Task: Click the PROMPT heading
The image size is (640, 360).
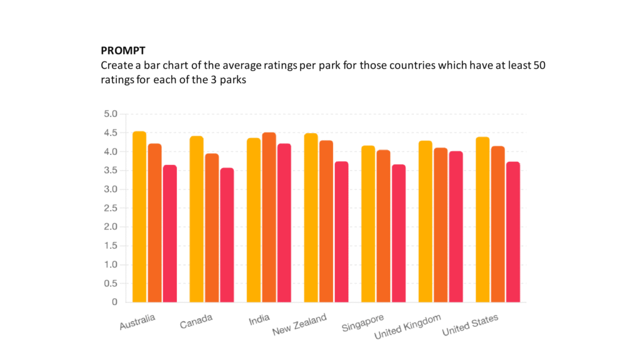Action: pyautogui.click(x=123, y=51)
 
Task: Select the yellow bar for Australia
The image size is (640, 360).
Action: pyautogui.click(x=139, y=217)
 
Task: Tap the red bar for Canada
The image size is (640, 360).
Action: pyautogui.click(x=227, y=235)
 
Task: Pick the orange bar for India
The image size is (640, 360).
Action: pyautogui.click(x=269, y=217)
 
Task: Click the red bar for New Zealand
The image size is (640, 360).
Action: pyautogui.click(x=342, y=232)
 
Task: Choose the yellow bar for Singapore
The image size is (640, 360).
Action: pyautogui.click(x=368, y=224)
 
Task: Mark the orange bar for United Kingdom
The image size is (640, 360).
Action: pyautogui.click(x=441, y=225)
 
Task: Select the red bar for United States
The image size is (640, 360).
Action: pyautogui.click(x=514, y=232)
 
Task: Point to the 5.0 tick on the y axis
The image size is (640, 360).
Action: pyautogui.click(x=111, y=114)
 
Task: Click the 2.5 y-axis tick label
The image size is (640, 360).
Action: pyautogui.click(x=111, y=208)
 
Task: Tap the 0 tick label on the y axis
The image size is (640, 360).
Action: pyautogui.click(x=115, y=302)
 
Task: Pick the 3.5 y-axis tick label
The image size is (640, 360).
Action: pyautogui.click(x=111, y=170)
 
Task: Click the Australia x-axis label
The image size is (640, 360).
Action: pyautogui.click(x=137, y=322)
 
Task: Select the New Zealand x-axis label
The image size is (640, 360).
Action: pyautogui.click(x=299, y=324)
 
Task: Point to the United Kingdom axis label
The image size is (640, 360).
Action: pyautogui.click(x=407, y=326)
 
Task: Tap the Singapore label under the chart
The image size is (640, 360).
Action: pyautogui.click(x=363, y=322)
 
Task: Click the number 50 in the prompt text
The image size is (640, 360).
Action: pyautogui.click(x=539, y=65)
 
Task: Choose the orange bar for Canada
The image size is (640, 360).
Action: pyautogui.click(x=212, y=227)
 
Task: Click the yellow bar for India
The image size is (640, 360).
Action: pyautogui.click(x=254, y=220)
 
